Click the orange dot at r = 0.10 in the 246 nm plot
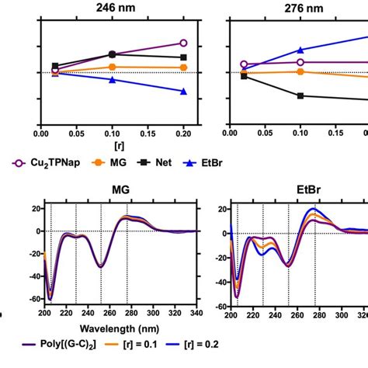[113, 67]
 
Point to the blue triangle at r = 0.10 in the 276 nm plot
[301, 50]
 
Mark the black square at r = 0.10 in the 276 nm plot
[301, 95]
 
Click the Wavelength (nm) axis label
[120, 328]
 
